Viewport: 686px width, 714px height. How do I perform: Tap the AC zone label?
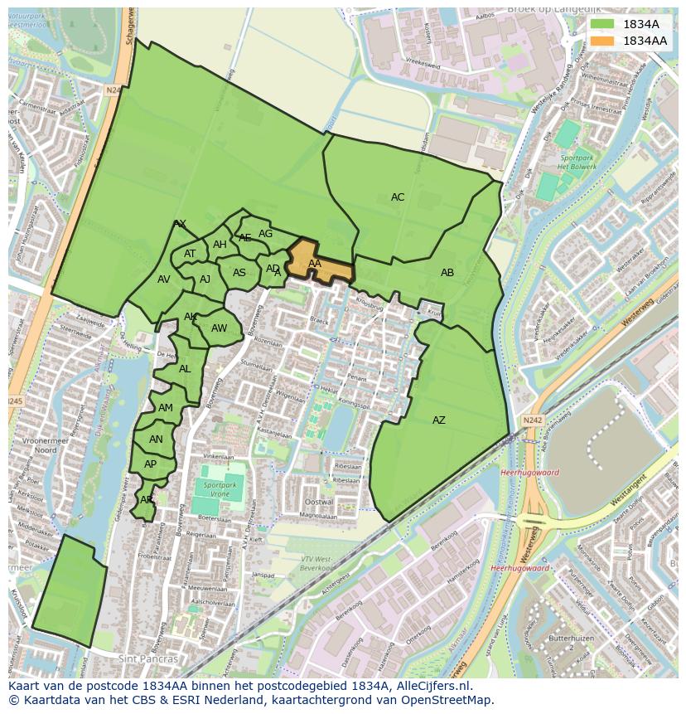tap(398, 197)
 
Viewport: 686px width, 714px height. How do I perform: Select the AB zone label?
tap(447, 273)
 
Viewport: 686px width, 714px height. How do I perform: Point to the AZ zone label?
tap(439, 420)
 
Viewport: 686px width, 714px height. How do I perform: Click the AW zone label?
tap(219, 328)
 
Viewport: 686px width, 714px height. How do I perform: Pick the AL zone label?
tap(185, 369)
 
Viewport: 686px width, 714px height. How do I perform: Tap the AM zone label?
tap(166, 408)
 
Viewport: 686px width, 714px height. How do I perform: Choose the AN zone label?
tap(156, 440)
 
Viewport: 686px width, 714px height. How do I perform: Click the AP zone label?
tap(150, 464)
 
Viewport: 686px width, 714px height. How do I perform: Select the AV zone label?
tap(163, 279)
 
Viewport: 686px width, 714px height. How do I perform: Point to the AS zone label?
tap(239, 273)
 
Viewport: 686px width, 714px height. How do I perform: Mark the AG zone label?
tap(265, 234)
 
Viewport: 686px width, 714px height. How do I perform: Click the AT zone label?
tap(190, 254)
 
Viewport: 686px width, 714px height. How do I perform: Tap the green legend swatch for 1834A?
tap(602, 24)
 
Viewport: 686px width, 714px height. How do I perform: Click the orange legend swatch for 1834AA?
tap(602, 40)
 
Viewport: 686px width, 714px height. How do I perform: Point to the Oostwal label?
tap(319, 503)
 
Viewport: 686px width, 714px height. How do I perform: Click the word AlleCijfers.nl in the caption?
tap(430, 686)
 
